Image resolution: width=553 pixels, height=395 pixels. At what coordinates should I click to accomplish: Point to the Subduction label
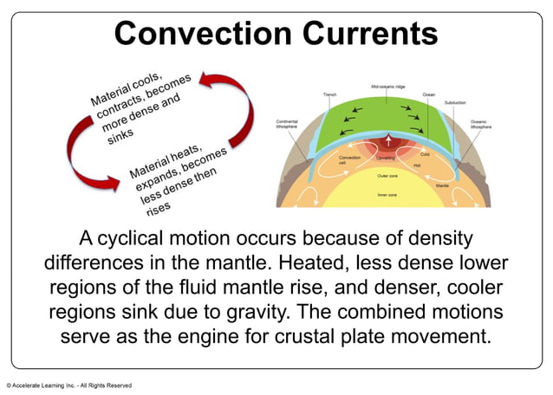click(x=455, y=102)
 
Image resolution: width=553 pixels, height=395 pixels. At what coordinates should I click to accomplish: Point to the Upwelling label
click(x=387, y=159)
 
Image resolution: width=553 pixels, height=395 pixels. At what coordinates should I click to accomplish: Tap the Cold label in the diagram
click(x=426, y=153)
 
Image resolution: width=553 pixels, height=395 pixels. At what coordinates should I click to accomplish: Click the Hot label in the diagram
click(x=417, y=165)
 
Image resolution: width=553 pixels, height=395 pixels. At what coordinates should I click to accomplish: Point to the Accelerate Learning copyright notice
click(x=69, y=385)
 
